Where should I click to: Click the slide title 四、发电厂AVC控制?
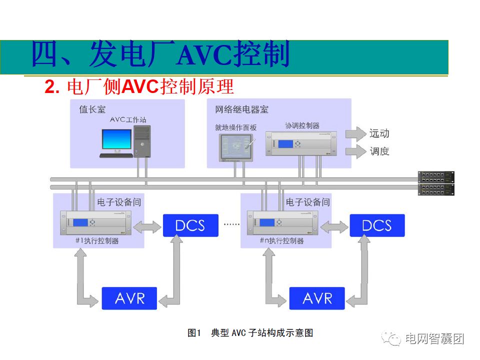point(160,55)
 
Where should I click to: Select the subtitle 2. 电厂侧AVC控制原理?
point(139,87)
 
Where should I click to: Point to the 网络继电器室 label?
point(241,109)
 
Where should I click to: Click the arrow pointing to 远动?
point(355,133)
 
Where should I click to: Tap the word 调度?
point(379,151)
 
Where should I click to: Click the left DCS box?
point(190,225)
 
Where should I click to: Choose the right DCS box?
point(376,225)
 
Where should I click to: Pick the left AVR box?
point(129,298)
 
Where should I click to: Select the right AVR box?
point(317,298)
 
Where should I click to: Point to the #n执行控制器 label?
point(281,241)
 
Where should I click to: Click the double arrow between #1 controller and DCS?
point(147,225)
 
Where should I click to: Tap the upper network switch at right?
point(436,176)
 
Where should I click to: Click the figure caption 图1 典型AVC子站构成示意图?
point(250,333)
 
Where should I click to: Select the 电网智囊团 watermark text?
point(434,339)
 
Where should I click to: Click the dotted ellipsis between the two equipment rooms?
point(231,224)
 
